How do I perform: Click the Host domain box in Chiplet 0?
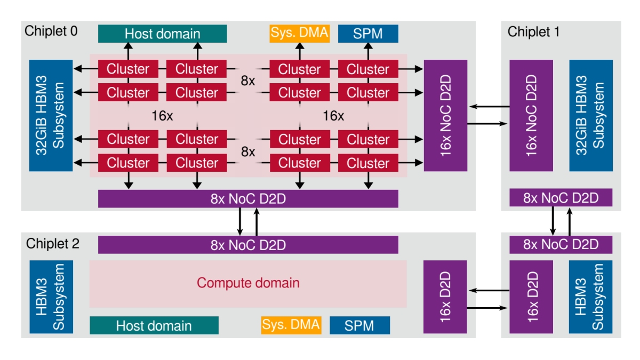pyautogui.click(x=163, y=34)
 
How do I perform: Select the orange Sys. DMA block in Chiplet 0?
pyautogui.click(x=299, y=34)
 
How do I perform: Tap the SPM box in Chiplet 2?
pyautogui.click(x=359, y=325)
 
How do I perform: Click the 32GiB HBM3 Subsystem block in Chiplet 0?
pyautogui.click(x=51, y=115)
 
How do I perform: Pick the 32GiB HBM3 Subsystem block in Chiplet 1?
pyautogui.click(x=590, y=115)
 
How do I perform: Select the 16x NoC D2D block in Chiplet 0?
pyautogui.click(x=445, y=115)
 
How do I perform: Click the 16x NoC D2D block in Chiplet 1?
pyautogui.click(x=531, y=115)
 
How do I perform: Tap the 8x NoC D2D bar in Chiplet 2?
pyautogui.click(x=248, y=245)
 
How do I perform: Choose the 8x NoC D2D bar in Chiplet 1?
pyautogui.click(x=561, y=198)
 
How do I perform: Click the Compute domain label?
pyautogui.click(x=248, y=283)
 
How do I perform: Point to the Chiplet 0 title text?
pyautogui.click(x=51, y=31)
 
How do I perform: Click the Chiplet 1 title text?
pyautogui.click(x=533, y=31)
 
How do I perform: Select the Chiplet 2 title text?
pyautogui.click(x=52, y=244)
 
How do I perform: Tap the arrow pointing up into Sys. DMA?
pyautogui.click(x=299, y=51)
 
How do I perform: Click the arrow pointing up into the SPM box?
pyautogui.click(x=368, y=51)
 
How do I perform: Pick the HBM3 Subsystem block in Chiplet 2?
pyautogui.click(x=51, y=296)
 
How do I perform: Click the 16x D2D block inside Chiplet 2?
pyautogui.click(x=445, y=296)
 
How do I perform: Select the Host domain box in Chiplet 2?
pyautogui.click(x=154, y=325)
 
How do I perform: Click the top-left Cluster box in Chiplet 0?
pyautogui.click(x=128, y=69)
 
